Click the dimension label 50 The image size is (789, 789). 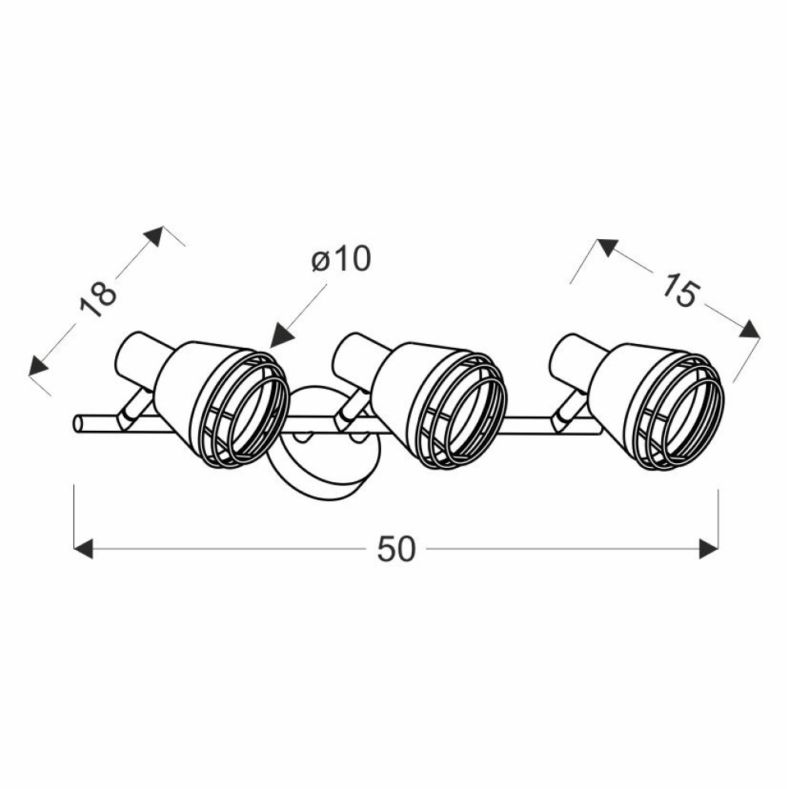(x=397, y=548)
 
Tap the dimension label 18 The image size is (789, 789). (x=98, y=300)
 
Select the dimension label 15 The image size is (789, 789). (x=679, y=290)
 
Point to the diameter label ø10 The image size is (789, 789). (x=341, y=259)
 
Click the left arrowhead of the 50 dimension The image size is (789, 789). (x=84, y=548)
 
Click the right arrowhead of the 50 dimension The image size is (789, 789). (x=709, y=548)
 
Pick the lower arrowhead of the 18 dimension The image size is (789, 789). (x=38, y=366)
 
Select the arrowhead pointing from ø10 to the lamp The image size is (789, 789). (x=281, y=336)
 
